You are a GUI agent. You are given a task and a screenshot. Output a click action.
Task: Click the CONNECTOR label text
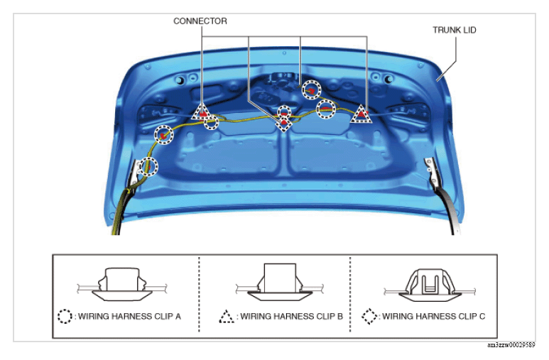(200, 21)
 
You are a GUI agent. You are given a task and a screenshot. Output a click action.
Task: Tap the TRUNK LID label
(454, 30)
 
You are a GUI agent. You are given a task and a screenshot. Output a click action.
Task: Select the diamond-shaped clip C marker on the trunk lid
(283, 124)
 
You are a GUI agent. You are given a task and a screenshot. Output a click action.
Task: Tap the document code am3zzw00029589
(511, 345)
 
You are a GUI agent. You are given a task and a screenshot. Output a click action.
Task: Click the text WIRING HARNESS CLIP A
(129, 317)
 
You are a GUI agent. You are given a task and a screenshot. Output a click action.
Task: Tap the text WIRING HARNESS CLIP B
(291, 317)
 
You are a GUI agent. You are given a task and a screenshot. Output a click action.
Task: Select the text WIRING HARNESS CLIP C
(433, 317)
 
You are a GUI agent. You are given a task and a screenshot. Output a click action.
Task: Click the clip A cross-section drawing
(122, 284)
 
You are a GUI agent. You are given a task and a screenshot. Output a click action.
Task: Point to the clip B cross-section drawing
(280, 282)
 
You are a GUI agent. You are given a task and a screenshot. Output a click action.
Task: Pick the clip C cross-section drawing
(430, 285)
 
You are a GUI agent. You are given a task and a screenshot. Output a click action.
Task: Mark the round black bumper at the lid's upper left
(180, 81)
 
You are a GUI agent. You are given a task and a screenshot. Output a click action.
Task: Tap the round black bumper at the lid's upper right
(388, 80)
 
